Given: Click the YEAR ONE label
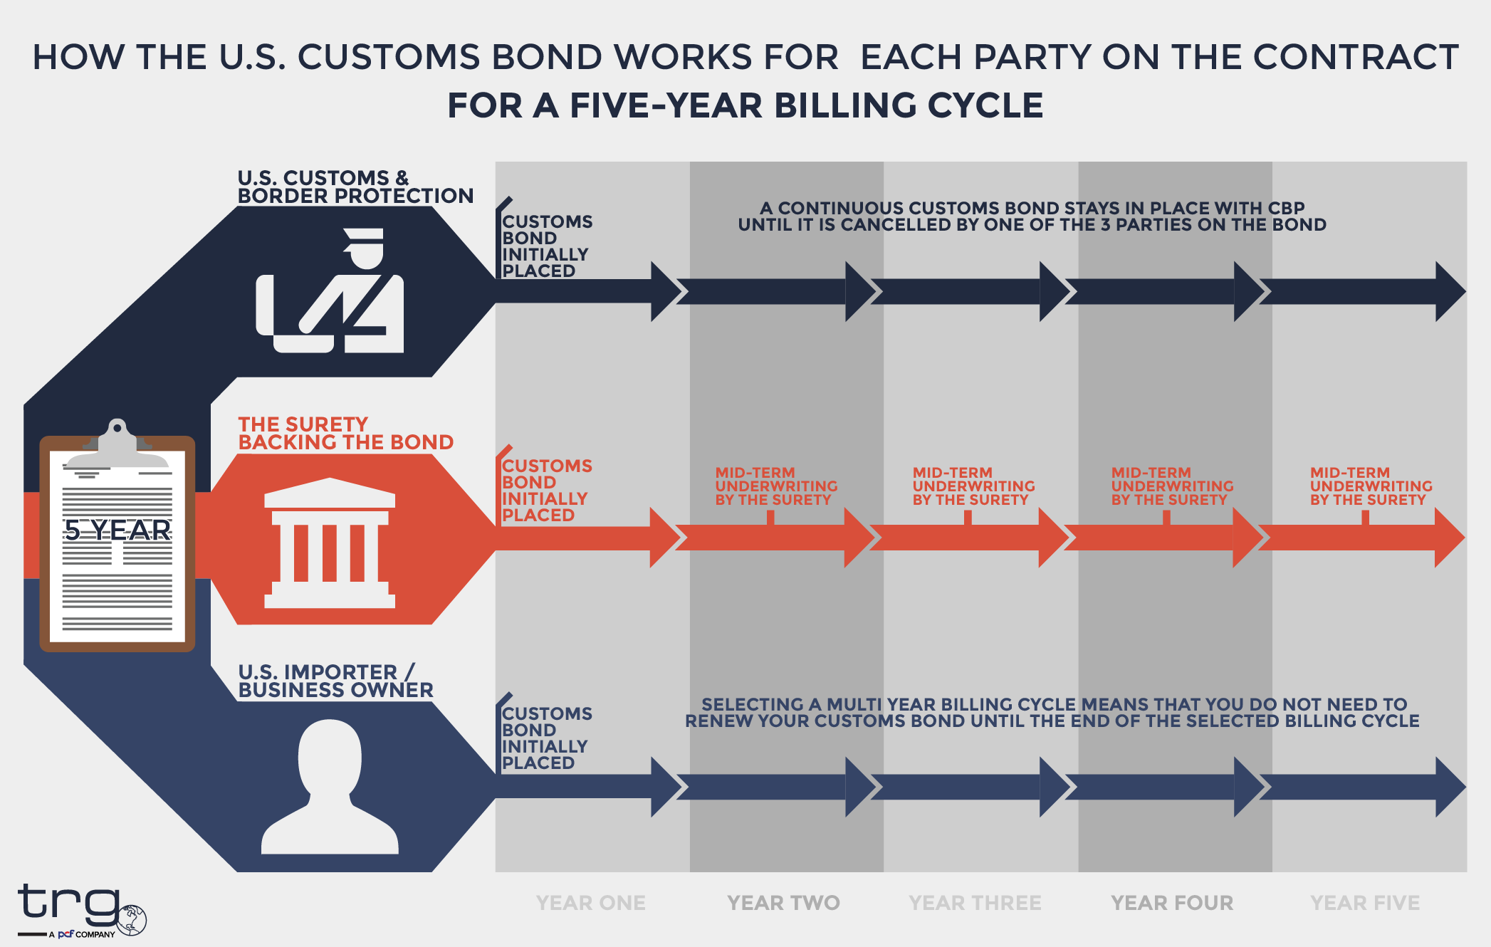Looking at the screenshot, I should coord(590,903).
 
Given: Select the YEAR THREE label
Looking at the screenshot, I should coord(975,903).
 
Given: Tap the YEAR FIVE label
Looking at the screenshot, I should coord(1365,903).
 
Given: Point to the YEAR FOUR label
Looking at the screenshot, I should coord(1172,903).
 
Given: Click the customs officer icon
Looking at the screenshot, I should coord(330,292).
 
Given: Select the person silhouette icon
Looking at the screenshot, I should coord(330,787).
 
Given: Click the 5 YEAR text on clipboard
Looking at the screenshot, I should coord(117,530).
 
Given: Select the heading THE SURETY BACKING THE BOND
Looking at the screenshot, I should coord(345,433).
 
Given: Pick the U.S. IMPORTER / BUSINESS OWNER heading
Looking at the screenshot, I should coord(335,681).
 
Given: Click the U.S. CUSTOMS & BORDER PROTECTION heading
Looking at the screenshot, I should coord(355,187).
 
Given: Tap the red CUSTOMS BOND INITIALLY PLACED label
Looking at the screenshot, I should coord(546,490).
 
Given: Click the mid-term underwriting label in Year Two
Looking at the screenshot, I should coord(775,486).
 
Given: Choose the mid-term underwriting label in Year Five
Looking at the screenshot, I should coord(1371,486).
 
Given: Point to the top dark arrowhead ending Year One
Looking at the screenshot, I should coord(665,291).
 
